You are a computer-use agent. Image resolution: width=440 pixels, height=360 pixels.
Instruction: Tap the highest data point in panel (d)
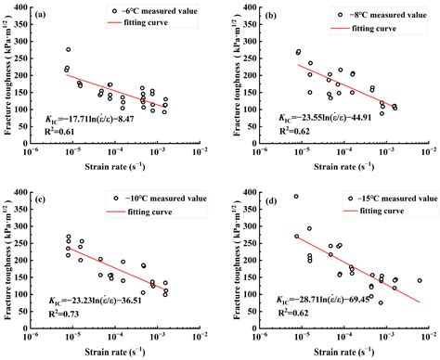pyautogui.click(x=297, y=197)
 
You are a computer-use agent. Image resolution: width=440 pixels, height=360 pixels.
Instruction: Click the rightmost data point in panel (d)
pyautogui.click(x=419, y=280)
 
